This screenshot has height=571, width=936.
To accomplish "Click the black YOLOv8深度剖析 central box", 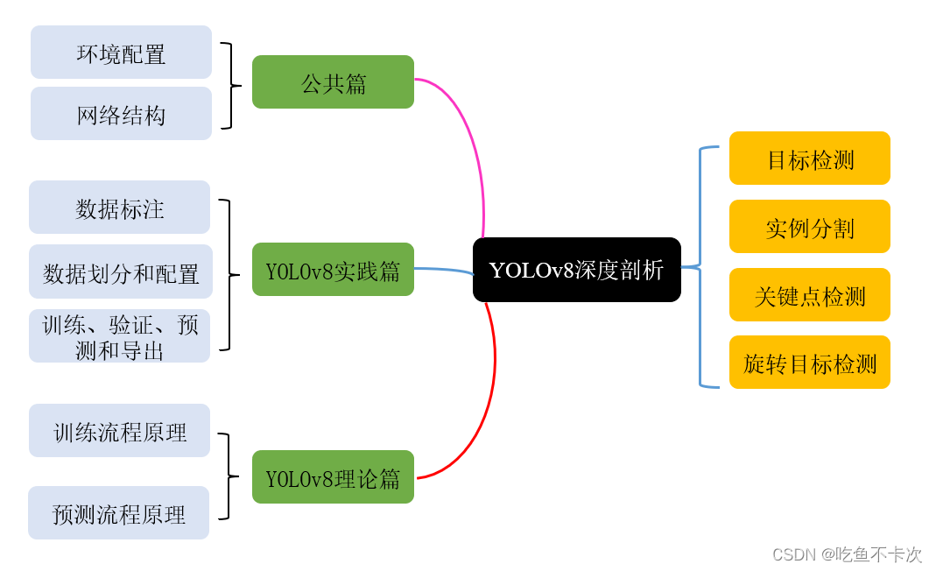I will (576, 270).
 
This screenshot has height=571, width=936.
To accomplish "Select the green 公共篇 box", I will (333, 82).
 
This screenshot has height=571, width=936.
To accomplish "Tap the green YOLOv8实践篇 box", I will (333, 270).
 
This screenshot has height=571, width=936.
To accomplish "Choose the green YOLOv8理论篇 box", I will (333, 477).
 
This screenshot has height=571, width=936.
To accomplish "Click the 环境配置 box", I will (121, 53).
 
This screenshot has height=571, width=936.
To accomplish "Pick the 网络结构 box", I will (121, 114).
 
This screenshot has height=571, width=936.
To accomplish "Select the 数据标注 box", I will (119, 208).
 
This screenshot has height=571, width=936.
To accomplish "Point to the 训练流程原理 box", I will (119, 431).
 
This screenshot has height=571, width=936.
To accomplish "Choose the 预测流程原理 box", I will (118, 513).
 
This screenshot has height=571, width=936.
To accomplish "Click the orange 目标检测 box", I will (809, 159).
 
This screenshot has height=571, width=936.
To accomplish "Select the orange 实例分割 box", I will (809, 227).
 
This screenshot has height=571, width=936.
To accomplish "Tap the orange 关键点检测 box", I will (809, 295).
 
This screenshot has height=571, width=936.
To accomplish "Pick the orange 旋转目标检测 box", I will (809, 363).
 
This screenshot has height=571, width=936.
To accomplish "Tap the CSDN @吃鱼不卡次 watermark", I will (847, 554).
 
